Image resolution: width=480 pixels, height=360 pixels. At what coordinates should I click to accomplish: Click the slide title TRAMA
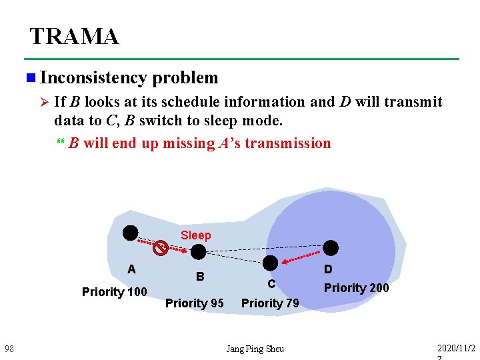(x=74, y=36)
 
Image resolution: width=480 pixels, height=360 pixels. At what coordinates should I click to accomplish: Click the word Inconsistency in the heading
(x=93, y=78)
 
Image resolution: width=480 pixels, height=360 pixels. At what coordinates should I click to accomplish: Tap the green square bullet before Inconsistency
(x=30, y=79)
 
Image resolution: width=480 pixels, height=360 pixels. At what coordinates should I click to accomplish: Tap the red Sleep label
(x=195, y=235)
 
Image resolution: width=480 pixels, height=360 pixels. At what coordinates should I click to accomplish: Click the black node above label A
(x=130, y=233)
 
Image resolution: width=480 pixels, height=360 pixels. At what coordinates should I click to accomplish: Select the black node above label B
(x=199, y=252)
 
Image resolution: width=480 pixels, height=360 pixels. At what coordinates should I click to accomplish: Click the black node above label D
(x=331, y=247)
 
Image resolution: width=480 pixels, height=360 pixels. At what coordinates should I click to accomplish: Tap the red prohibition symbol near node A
(x=159, y=249)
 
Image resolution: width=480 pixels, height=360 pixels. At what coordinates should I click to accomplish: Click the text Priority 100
(x=114, y=292)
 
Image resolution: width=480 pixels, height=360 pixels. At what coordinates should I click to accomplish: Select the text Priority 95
(x=194, y=303)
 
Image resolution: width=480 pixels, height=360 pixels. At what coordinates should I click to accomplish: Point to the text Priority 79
(x=270, y=303)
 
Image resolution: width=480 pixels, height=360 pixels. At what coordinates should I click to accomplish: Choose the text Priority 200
(x=356, y=288)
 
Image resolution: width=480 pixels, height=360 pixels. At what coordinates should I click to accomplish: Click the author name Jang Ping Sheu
(x=255, y=349)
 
